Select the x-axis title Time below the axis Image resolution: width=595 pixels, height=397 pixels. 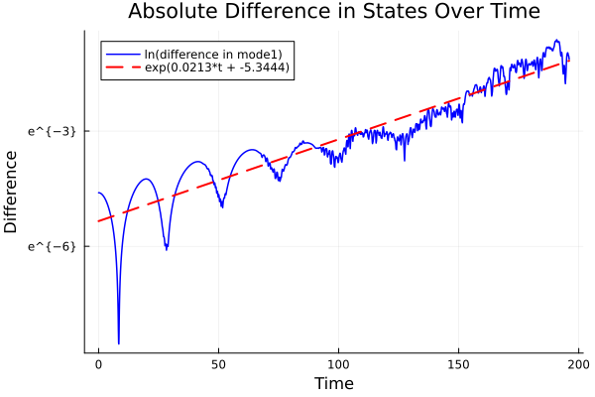point(333,383)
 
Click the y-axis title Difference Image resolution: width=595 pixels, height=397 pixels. point(11,192)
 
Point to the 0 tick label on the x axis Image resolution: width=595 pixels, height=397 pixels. point(98,364)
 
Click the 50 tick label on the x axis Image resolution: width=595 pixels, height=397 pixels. point(218,364)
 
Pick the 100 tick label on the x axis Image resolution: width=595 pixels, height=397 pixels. point(339,364)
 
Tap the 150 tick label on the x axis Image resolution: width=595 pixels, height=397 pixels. point(459,364)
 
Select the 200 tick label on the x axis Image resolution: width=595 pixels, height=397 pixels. point(579,364)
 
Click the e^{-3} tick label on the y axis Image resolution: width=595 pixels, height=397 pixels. point(52,131)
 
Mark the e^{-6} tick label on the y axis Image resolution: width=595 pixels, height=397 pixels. point(52,246)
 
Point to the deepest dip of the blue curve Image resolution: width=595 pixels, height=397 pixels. point(119,343)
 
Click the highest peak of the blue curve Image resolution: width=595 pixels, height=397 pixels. point(557,41)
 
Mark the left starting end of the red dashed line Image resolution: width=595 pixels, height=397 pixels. point(98,220)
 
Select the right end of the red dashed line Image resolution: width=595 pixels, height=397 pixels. point(569,61)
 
